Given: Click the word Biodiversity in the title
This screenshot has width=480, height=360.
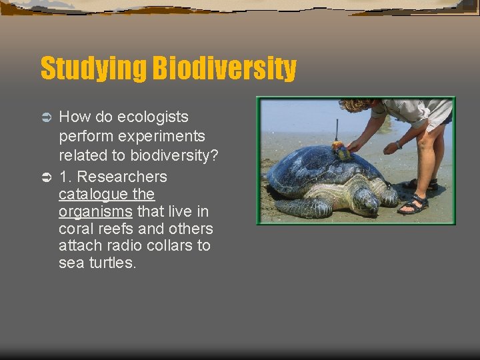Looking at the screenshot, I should click(x=225, y=68).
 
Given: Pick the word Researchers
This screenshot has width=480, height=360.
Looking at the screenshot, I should click(x=123, y=177).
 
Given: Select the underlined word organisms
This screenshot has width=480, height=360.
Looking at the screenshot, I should click(x=95, y=212).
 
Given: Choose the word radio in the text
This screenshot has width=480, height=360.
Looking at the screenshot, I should click(x=120, y=246).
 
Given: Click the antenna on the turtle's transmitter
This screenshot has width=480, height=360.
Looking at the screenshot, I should click(x=337, y=130).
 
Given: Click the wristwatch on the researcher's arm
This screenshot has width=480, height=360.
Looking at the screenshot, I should click(x=398, y=144).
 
